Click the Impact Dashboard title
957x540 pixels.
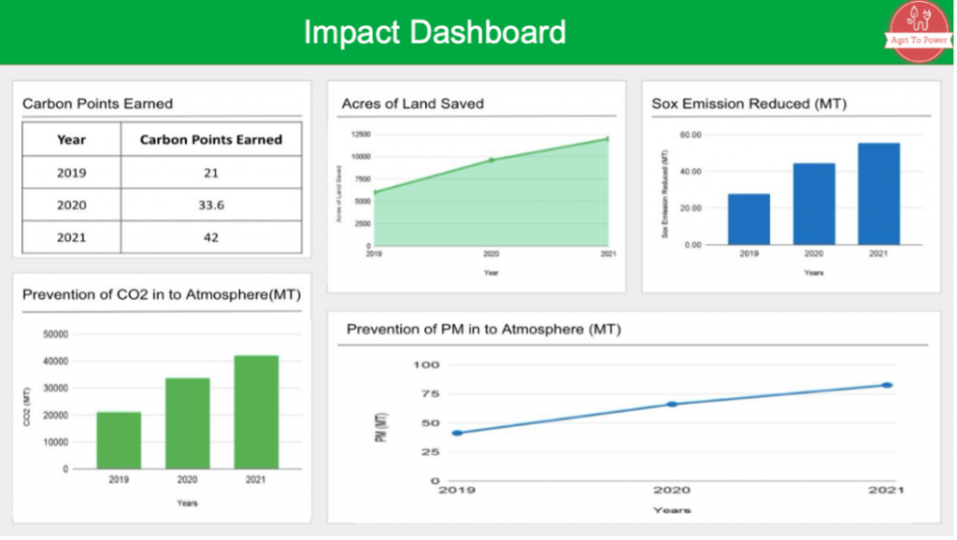(x=435, y=32)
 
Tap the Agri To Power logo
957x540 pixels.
(x=919, y=31)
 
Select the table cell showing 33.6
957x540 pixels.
(x=210, y=205)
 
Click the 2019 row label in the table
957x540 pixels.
(x=71, y=173)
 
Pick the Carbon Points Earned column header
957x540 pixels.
(x=210, y=139)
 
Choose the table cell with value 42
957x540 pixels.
(x=210, y=237)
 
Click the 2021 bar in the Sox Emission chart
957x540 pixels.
(x=879, y=193)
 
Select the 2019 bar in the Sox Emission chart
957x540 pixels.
(x=750, y=219)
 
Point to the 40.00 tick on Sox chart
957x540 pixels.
(x=691, y=172)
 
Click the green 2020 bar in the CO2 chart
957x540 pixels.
(x=188, y=422)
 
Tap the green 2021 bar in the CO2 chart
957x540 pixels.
(x=256, y=411)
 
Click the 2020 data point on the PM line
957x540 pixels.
(x=671, y=405)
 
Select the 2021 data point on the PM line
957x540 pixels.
(x=887, y=385)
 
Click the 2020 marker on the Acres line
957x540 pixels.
(x=492, y=160)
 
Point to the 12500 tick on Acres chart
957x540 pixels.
(x=360, y=135)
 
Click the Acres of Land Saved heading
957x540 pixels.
(x=412, y=104)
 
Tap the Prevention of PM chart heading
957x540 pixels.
(x=483, y=329)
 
